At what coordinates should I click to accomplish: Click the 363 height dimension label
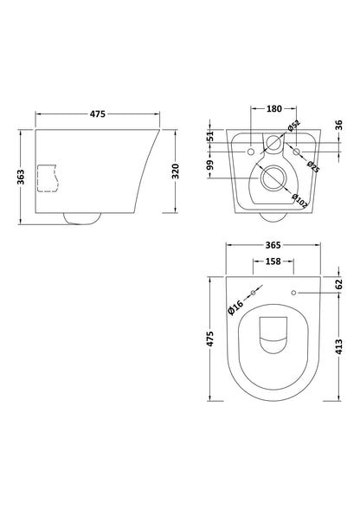click(21, 177)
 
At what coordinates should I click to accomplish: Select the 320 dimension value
click(175, 171)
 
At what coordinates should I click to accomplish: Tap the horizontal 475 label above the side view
click(98, 113)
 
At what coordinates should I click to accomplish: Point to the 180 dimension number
click(273, 108)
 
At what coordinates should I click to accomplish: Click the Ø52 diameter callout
click(293, 126)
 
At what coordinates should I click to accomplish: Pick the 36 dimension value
click(338, 125)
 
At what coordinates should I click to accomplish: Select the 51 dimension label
click(211, 136)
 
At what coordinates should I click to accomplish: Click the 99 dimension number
click(211, 165)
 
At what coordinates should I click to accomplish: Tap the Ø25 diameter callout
click(313, 166)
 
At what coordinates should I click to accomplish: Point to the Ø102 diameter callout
click(299, 201)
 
